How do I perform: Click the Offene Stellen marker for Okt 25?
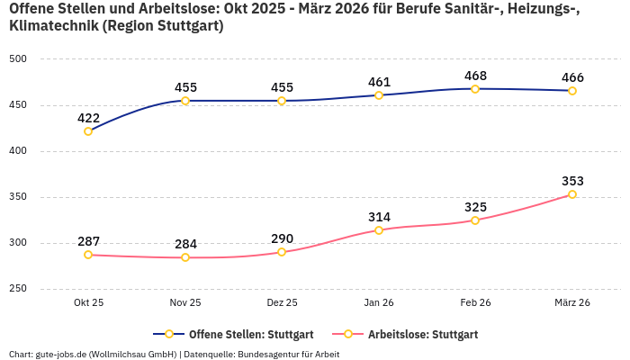tap(88, 131)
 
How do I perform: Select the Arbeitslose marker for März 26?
tap(572, 194)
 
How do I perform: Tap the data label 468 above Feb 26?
tap(475, 76)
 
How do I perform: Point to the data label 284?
tap(185, 244)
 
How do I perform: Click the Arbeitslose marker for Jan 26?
tap(379, 230)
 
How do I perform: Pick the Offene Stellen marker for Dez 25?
tap(282, 101)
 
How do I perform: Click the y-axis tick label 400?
tap(19, 151)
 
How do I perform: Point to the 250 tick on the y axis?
tap(19, 289)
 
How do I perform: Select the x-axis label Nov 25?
tap(185, 303)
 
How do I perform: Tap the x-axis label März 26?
tap(572, 303)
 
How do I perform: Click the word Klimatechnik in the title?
tap(52, 26)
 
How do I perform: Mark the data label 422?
tap(88, 118)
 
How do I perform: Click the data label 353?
tap(572, 181)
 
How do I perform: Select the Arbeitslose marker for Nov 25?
tap(185, 257)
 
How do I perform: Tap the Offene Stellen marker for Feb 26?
tap(475, 89)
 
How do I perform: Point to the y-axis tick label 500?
tap(19, 59)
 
